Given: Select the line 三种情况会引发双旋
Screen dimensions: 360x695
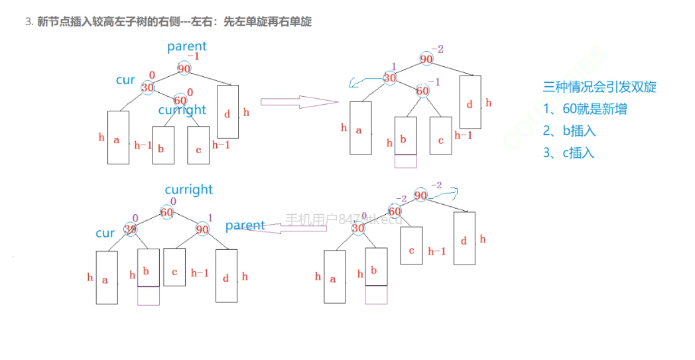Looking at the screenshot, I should [x=600, y=87].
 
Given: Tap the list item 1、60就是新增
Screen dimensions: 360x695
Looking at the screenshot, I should [x=585, y=109].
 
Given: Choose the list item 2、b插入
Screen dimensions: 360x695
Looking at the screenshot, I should [x=569, y=131].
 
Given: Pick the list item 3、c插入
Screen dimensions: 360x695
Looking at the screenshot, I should [x=568, y=152].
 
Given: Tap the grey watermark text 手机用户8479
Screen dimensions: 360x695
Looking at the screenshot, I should [x=344, y=219].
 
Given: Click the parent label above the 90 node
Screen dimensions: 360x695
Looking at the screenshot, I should [x=186, y=46].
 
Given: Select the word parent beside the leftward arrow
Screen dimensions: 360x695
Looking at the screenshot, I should [x=245, y=225].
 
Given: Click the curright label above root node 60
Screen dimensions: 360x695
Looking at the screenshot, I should [x=188, y=190].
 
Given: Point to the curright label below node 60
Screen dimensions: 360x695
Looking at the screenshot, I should [x=182, y=110].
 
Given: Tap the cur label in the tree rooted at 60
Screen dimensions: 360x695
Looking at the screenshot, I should [x=105, y=233].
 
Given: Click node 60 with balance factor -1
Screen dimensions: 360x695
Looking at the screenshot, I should [x=423, y=91].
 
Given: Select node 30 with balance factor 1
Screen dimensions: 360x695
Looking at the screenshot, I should [x=391, y=78].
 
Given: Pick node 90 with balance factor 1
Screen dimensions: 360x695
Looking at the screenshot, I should [x=202, y=229].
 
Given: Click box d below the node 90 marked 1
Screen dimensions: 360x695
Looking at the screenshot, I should [x=227, y=276].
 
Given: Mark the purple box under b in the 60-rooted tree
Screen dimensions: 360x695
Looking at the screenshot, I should [x=149, y=296].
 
